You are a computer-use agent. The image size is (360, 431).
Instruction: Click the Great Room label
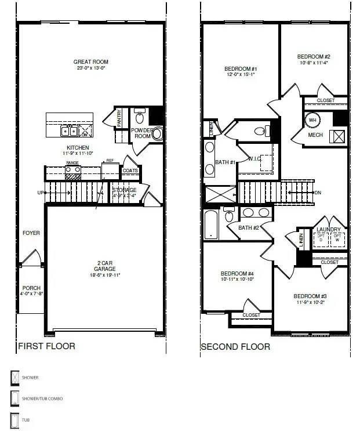90,62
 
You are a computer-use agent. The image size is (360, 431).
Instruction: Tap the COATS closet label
130,171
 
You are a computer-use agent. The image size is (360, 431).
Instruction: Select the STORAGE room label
124,190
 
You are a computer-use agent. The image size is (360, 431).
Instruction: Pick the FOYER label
31,233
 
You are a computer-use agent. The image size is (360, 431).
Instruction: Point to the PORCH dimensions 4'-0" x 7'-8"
32,294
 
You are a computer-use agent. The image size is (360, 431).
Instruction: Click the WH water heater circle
312,120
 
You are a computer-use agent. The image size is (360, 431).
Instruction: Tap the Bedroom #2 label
313,57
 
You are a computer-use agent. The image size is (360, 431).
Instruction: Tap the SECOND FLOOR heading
235,347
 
